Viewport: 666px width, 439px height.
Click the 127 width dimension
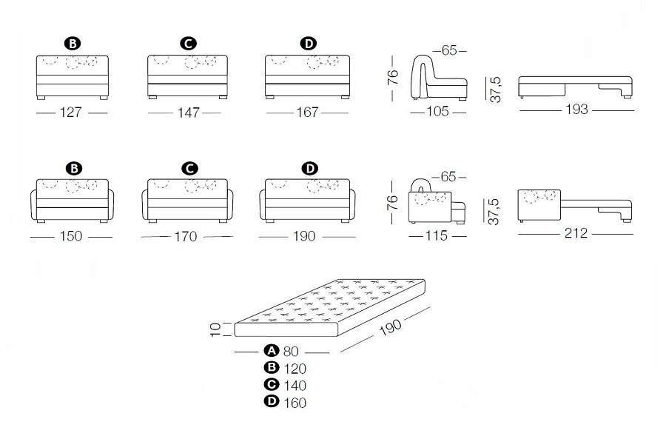(x=70, y=113)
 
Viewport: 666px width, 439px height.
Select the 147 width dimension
(x=188, y=113)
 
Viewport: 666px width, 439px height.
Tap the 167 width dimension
(x=307, y=113)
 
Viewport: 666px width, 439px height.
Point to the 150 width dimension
(x=71, y=236)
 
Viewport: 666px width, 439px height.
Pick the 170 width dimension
(x=186, y=236)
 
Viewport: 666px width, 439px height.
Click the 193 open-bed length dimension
(x=576, y=110)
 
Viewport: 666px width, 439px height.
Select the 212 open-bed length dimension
(x=576, y=233)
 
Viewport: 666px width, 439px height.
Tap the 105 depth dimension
(x=437, y=111)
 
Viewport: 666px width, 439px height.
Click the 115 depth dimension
(x=436, y=235)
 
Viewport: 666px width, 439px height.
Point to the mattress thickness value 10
(x=216, y=329)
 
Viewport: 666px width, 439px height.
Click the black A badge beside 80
(x=271, y=351)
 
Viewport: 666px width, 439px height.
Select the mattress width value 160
(x=295, y=403)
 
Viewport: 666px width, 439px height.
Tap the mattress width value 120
(x=295, y=369)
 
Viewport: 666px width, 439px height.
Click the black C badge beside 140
(x=271, y=384)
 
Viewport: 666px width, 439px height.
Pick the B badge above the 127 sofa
(x=73, y=44)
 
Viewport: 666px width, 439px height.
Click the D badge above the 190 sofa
(x=309, y=168)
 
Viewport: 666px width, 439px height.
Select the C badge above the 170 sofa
(x=189, y=168)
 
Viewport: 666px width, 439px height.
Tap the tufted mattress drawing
(x=329, y=308)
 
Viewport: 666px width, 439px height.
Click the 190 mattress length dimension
(x=390, y=327)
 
